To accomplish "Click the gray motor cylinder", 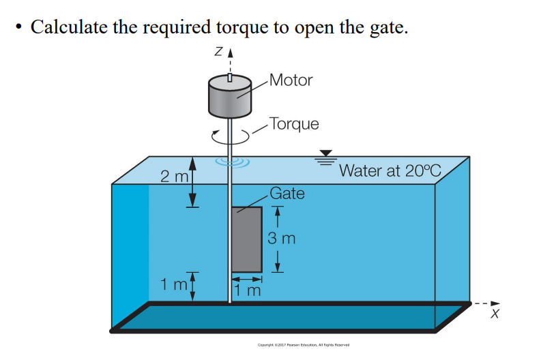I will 231,97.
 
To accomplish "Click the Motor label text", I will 291,80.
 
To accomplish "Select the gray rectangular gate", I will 246,239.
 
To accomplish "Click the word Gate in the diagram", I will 287,193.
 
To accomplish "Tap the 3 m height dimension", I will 281,239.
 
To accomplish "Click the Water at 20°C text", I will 390,170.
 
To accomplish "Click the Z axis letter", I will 217,54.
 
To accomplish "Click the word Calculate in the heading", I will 68,27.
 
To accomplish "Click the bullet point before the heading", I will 18,27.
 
